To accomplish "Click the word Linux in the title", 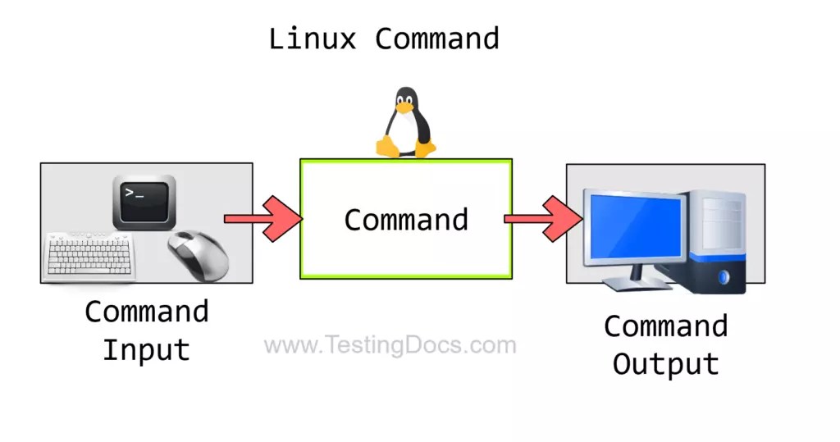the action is pos(313,39).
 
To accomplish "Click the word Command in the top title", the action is pos(437,39).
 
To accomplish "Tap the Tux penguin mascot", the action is pos(405,122).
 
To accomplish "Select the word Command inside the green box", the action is pos(406,220).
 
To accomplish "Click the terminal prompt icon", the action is pos(144,201).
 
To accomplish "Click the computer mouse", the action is pos(199,253).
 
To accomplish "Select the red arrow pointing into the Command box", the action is pos(264,219).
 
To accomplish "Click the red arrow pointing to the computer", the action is pos(544,219).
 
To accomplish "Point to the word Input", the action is pos(146,350).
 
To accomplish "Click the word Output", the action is pos(665,364).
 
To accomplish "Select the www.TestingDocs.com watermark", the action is pos(390,345).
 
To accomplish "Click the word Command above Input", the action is pos(146,312).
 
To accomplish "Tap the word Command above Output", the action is pos(665,326).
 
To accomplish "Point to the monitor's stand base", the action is pos(632,282).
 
